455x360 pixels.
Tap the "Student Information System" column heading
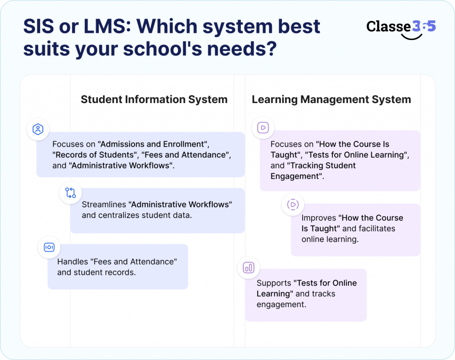[154, 99]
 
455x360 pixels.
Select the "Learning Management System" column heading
[331, 99]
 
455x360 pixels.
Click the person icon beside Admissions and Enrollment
[38, 129]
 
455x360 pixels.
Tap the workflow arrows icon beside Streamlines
[71, 193]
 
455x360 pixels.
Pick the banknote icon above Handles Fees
[49, 247]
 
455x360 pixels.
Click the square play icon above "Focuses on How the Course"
[263, 127]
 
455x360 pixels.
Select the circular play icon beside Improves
[293, 204]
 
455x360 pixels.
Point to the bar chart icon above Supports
[249, 268]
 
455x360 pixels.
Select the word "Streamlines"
[104, 204]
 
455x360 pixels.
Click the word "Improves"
[319, 218]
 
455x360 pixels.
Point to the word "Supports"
[274, 283]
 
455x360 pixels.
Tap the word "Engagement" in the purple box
[295, 176]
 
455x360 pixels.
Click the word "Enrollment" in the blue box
[184, 144]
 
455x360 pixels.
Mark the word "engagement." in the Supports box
[281, 305]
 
